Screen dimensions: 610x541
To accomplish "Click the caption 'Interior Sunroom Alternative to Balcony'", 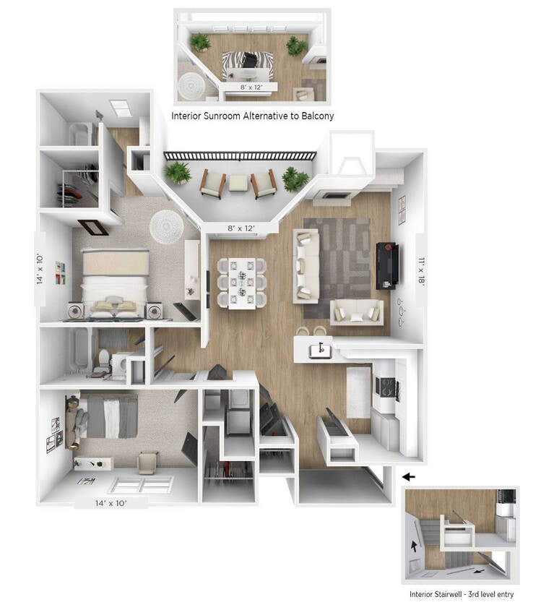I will tap(252, 116).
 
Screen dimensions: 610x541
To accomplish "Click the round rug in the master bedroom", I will tap(168, 226).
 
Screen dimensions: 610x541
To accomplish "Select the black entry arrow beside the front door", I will tap(409, 477).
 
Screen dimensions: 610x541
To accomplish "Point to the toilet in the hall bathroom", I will tap(105, 358).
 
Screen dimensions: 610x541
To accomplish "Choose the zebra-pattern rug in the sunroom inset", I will tap(242, 66).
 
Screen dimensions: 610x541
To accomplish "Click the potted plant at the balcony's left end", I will tap(177, 173).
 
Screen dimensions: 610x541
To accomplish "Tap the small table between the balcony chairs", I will tap(239, 183).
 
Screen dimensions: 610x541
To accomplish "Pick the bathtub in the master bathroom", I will tap(79, 134).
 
